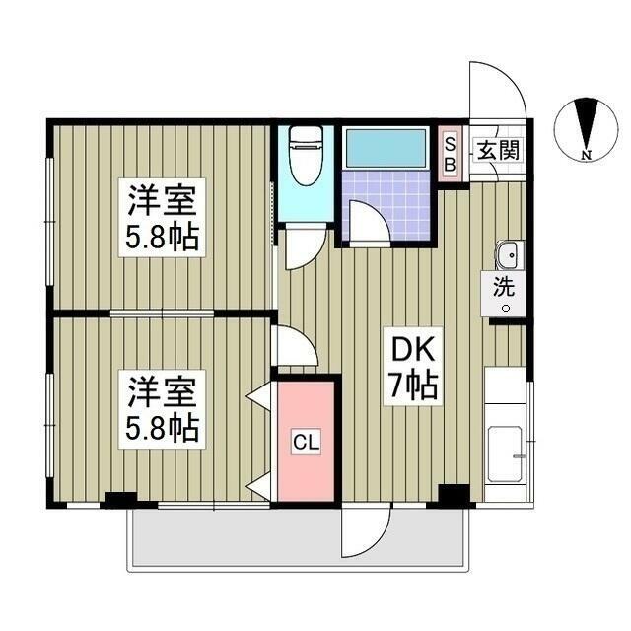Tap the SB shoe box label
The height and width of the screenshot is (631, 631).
point(449,154)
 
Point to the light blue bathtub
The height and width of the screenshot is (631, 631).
point(386,148)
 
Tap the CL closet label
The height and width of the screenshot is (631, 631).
point(306,443)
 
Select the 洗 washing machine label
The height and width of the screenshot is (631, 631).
point(504,289)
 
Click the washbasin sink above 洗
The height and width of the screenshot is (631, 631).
point(508,256)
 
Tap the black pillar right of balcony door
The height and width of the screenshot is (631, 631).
point(455,496)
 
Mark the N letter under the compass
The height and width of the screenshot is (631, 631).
point(586,155)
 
